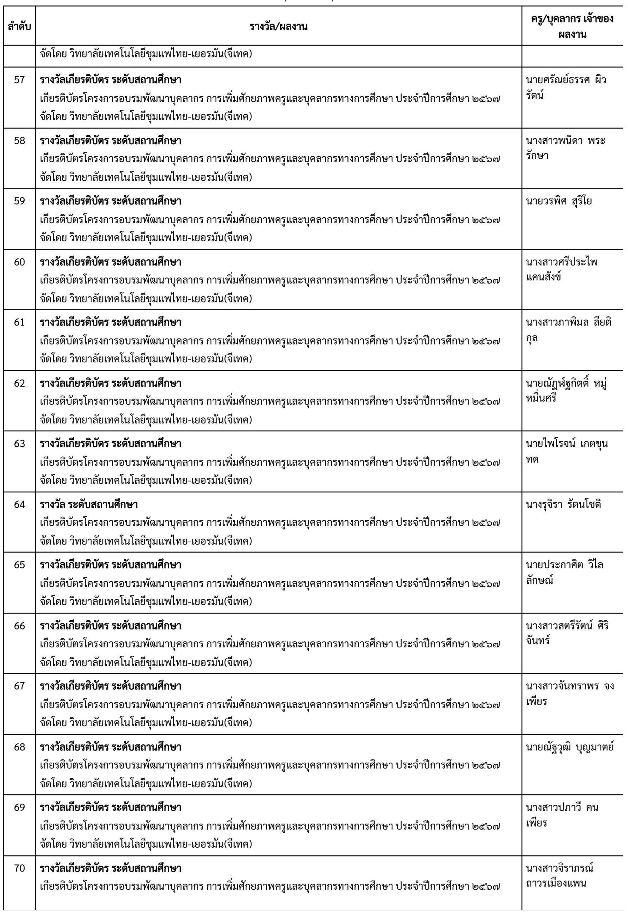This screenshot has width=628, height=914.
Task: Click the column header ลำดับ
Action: click(19, 27)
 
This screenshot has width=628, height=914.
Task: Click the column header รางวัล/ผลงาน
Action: click(278, 27)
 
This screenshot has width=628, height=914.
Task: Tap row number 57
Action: click(19, 80)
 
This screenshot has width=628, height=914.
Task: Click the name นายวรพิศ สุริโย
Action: click(559, 201)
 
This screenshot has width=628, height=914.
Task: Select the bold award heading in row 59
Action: click(111, 201)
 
